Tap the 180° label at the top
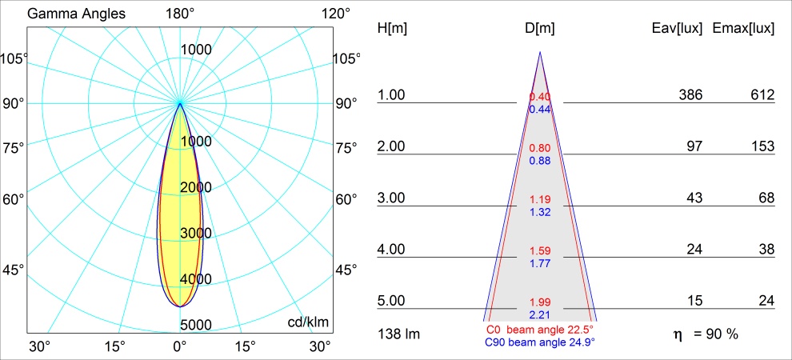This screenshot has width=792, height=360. point(180,14)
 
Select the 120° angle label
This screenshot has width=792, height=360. point(334,14)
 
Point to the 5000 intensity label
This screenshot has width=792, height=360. point(195,325)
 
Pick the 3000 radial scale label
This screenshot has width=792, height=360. point(195,233)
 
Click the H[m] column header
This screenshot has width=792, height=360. point(392,29)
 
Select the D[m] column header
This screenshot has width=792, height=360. point(540,29)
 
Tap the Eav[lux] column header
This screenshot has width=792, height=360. point(678,29)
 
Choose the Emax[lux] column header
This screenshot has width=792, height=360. point(743,29)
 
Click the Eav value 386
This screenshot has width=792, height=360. point(690,95)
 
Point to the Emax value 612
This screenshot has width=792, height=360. point(762,95)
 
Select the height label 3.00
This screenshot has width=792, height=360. point(392,198)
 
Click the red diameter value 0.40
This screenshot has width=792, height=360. point(540,97)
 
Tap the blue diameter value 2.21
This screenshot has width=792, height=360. point(540,314)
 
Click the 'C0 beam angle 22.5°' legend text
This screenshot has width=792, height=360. point(539,330)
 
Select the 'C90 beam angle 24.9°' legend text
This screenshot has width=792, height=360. point(539,342)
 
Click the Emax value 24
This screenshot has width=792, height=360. point(766,301)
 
